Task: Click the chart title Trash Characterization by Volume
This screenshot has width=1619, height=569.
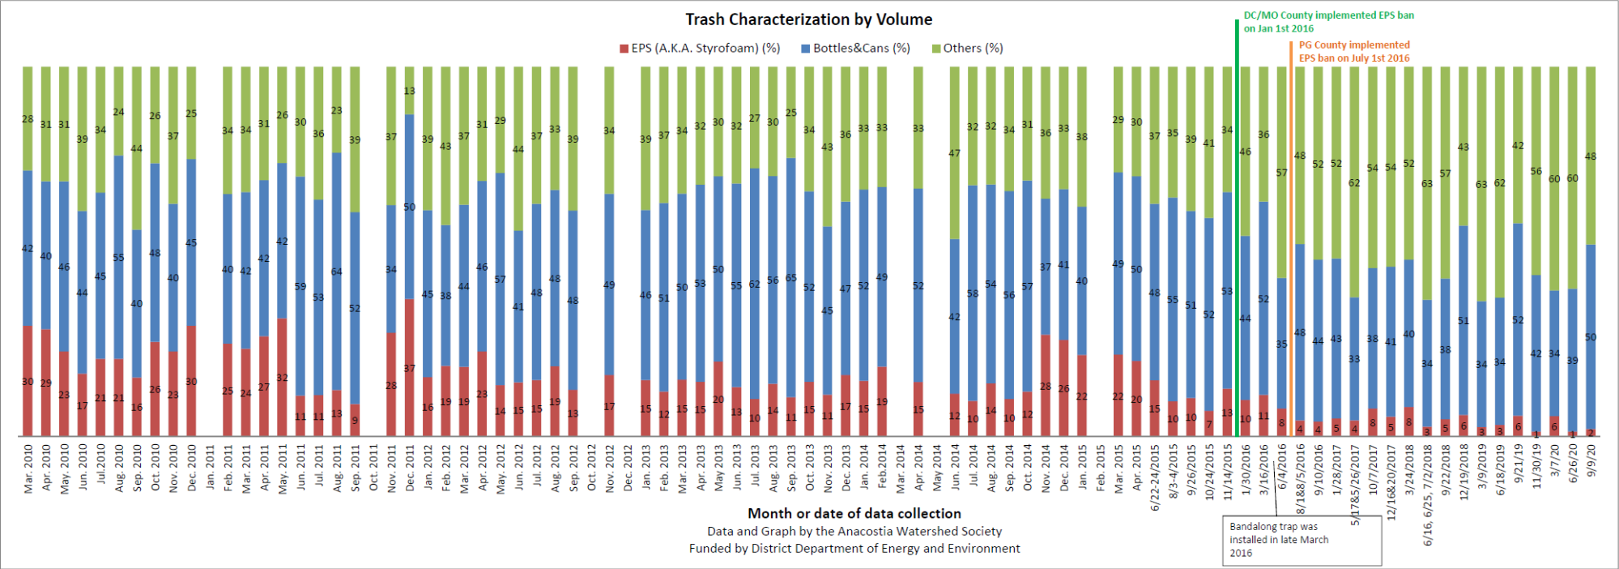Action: pos(808,19)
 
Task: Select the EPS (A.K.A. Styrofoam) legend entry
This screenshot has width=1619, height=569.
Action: pos(700,49)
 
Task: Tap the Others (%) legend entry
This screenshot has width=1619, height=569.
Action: pos(968,49)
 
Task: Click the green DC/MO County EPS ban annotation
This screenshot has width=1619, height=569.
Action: pos(1328,22)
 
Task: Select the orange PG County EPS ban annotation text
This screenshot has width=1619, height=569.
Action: pos(1354,52)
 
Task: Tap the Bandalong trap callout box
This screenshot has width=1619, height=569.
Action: pos(1302,540)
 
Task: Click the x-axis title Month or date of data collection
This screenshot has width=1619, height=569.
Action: pos(854,513)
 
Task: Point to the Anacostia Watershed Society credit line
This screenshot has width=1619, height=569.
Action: pos(854,532)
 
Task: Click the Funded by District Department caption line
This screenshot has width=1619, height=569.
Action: pos(854,549)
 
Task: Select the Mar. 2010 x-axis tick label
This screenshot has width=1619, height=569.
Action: pos(28,468)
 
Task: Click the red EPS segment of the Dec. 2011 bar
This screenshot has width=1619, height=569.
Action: pos(410,369)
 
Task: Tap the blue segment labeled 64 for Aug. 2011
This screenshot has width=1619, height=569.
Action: pos(337,272)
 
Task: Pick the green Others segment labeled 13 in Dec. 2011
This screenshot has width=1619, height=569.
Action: pos(410,90)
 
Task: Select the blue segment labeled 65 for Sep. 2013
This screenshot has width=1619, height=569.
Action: pos(790,278)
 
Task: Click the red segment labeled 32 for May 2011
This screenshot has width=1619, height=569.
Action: pos(282,378)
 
